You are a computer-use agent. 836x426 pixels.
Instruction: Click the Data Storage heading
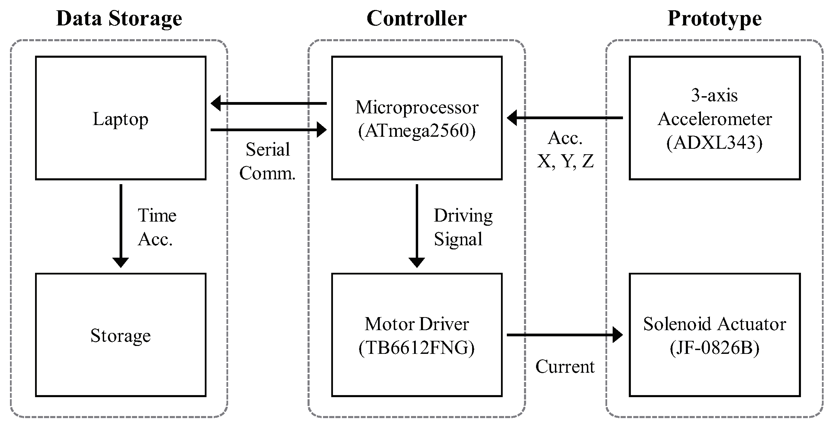pyautogui.click(x=119, y=19)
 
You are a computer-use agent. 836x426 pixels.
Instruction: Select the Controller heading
pyautogui.click(x=416, y=19)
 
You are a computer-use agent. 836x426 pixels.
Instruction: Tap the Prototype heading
pyautogui.click(x=714, y=19)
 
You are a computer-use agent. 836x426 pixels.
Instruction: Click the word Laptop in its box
pyautogui.click(x=121, y=119)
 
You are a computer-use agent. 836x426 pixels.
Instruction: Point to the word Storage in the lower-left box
pyautogui.click(x=121, y=335)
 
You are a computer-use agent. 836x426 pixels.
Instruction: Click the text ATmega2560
pyautogui.click(x=417, y=131)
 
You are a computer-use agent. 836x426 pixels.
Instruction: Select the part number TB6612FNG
pyautogui.click(x=416, y=348)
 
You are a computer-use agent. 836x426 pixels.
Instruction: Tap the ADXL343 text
pyautogui.click(x=714, y=143)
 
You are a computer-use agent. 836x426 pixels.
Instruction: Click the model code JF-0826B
pyautogui.click(x=714, y=348)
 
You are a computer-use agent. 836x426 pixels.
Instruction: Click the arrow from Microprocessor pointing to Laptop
pyautogui.click(x=268, y=103)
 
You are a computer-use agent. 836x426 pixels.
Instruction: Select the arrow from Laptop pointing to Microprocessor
pyautogui.click(x=268, y=130)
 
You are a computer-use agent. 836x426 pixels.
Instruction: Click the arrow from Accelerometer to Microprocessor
pyautogui.click(x=565, y=118)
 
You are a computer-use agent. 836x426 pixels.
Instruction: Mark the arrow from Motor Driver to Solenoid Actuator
pyautogui.click(x=565, y=335)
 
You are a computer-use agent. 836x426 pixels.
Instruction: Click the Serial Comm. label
pyautogui.click(x=267, y=161)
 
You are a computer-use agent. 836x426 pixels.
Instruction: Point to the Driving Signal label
pyautogui.click(x=462, y=227)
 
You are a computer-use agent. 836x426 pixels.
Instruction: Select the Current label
pyautogui.click(x=565, y=367)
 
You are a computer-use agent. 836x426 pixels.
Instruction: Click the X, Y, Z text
pyautogui.click(x=565, y=161)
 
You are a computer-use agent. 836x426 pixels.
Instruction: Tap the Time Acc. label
pyautogui.click(x=157, y=227)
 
